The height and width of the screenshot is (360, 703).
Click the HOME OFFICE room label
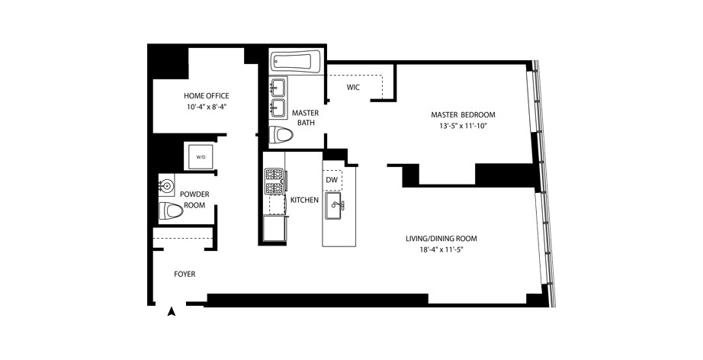coord(206,95)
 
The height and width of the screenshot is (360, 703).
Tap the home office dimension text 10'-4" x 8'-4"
coord(206,107)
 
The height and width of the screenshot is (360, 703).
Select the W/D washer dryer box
coord(201,157)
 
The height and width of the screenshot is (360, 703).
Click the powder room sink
coord(168,185)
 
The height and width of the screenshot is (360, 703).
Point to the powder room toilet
coord(171,211)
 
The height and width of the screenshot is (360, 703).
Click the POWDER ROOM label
coord(194,199)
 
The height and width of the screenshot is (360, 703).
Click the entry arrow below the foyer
coord(172,311)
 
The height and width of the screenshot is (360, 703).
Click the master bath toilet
coord(283,136)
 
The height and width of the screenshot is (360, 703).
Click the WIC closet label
coord(352,88)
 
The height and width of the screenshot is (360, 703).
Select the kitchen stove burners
coord(274,182)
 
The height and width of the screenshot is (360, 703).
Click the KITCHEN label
coord(304,200)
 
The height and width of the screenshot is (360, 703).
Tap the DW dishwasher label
coord(332,180)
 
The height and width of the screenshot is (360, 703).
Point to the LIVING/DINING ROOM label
coord(446,238)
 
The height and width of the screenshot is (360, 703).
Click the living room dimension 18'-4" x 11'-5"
coord(446,249)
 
